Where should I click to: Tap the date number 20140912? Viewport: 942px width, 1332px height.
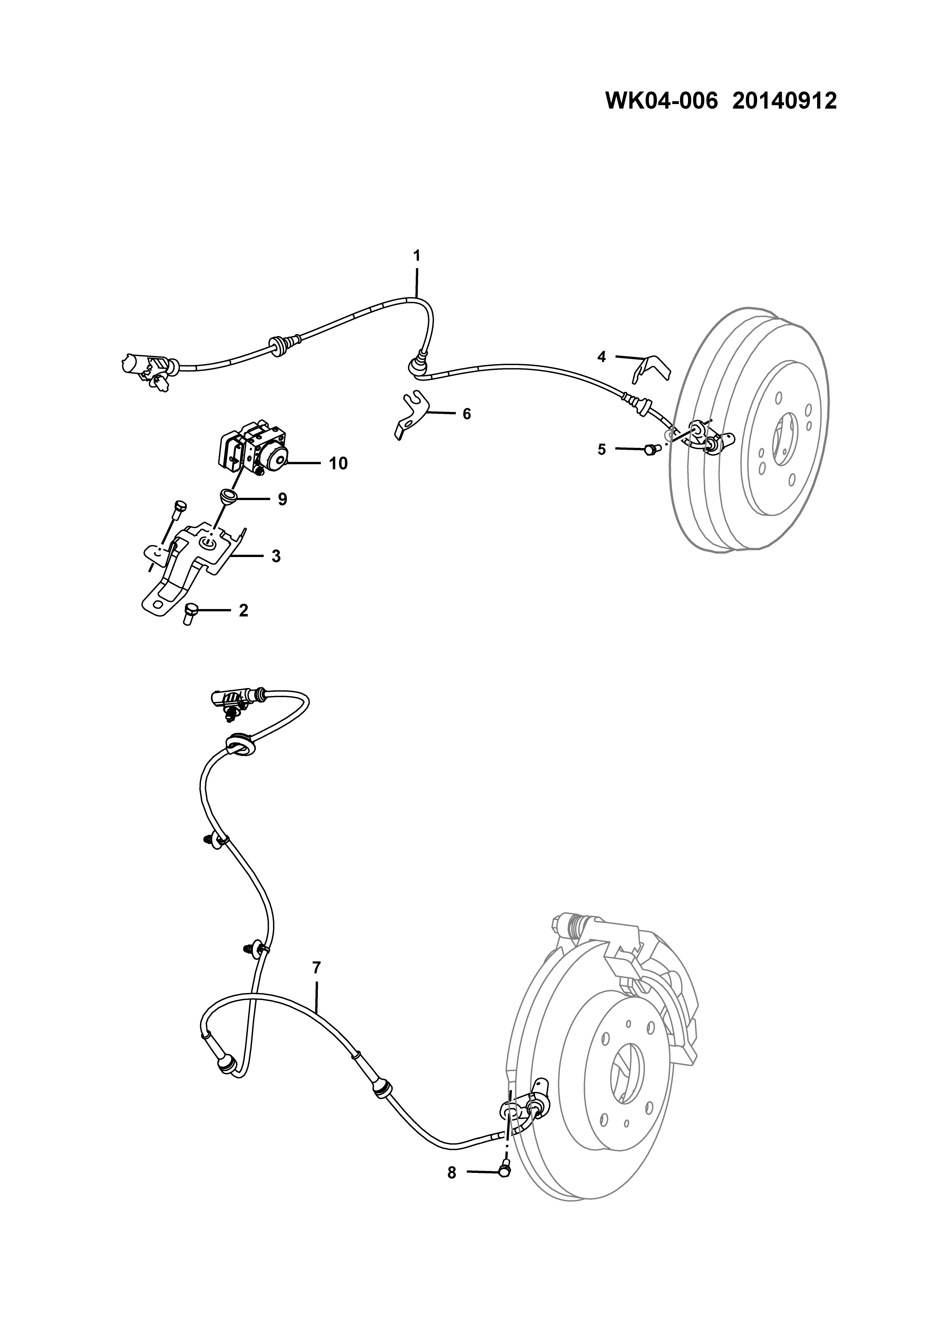pyautogui.click(x=784, y=101)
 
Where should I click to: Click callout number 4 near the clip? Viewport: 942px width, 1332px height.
pyautogui.click(x=601, y=357)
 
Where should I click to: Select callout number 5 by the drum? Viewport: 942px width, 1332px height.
pyautogui.click(x=601, y=449)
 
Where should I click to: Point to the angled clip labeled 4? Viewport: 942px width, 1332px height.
pyautogui.click(x=651, y=369)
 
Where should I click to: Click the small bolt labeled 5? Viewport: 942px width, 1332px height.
pyautogui.click(x=650, y=448)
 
